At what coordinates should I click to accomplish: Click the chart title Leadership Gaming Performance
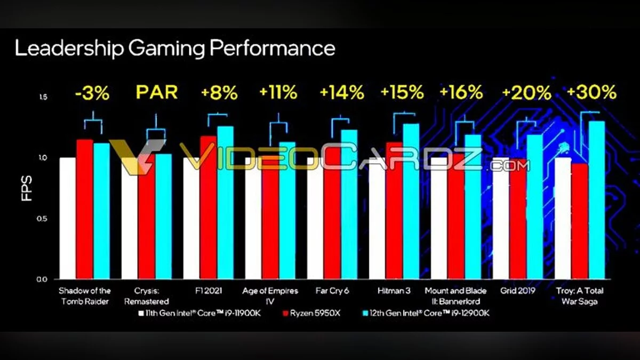coord(175,49)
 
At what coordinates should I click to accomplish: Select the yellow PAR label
coord(156,92)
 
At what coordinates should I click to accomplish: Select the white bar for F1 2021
coord(191,218)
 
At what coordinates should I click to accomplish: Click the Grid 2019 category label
coord(517,291)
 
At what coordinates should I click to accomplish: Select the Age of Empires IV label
coord(270,295)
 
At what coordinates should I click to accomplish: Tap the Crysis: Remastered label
coord(146,295)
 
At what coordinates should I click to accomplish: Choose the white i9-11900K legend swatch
coord(141,313)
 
